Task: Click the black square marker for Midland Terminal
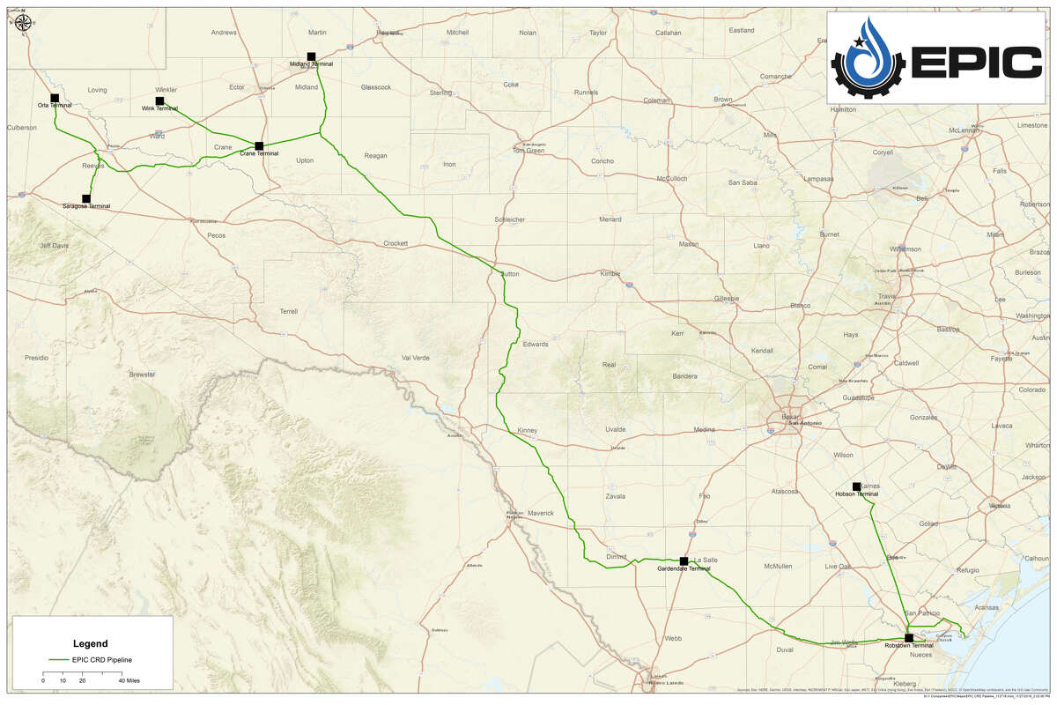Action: [311, 56]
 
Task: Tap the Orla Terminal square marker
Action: [55, 98]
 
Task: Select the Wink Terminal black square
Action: [159, 101]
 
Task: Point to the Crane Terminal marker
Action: [259, 145]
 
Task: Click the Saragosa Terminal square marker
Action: [86, 198]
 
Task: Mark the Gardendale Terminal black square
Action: [684, 560]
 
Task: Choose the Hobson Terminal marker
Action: [856, 486]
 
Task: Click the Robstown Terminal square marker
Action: [908, 638]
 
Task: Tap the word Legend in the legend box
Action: [91, 643]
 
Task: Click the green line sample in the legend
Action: [58, 659]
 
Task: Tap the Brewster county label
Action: [142, 374]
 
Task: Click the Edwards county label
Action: [535, 344]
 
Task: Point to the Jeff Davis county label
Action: [53, 246]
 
